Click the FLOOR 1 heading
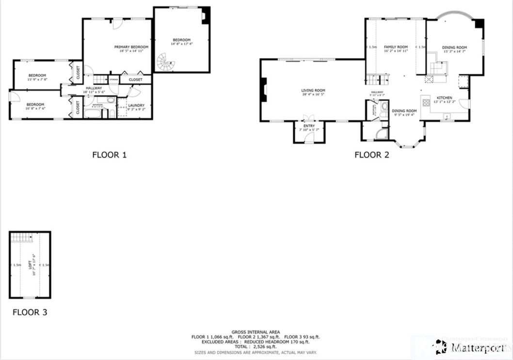[110, 155]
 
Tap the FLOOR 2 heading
[372, 155]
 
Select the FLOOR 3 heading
[30, 313]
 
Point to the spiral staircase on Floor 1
[165, 62]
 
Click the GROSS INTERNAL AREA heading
[256, 332]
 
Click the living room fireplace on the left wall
[263, 90]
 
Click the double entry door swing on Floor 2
[309, 117]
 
